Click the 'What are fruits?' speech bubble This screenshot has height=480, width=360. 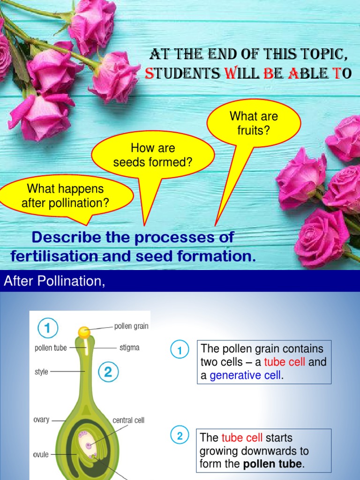coord(254,123)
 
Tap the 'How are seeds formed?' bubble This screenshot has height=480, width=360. coord(153,155)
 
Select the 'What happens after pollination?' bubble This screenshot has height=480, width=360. coord(65,196)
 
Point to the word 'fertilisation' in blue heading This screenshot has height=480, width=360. coord(56,257)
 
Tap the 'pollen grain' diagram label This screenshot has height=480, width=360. coord(131,326)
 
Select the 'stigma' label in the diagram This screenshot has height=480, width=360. coord(129,348)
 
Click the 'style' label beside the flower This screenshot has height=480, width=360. coord(41,372)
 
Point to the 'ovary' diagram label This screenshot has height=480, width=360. coord(41,420)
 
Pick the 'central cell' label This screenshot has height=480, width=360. coord(128,420)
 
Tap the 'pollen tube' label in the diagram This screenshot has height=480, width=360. coord(51,348)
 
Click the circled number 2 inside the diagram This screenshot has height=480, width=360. coord(108,373)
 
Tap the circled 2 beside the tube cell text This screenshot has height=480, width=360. coord(180,436)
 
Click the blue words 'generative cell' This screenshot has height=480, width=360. coord(245,375)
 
